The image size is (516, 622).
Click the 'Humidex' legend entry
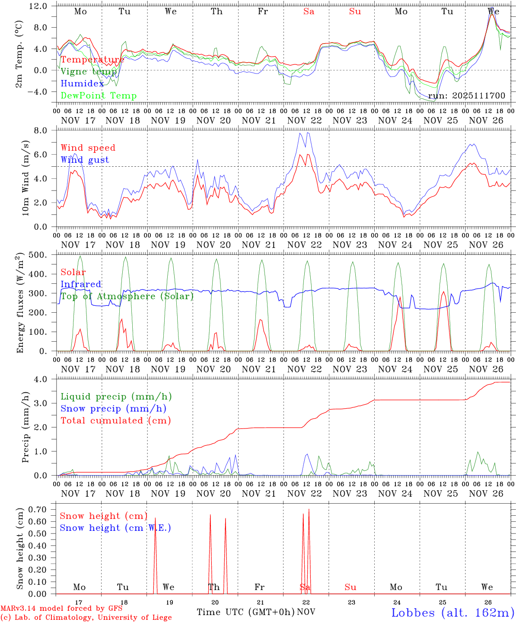click(82, 84)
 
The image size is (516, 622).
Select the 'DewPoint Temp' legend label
click(99, 96)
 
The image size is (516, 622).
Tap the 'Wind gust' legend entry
click(85, 160)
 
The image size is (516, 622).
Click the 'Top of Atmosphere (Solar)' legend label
click(127, 296)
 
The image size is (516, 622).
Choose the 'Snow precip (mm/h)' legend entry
click(113, 409)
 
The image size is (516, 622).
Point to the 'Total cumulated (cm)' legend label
click(115, 420)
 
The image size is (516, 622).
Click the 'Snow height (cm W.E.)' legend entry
click(115, 528)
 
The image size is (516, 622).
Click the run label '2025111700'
click(466, 96)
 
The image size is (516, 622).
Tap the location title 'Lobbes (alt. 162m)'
click(452, 612)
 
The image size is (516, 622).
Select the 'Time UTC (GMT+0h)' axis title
click(245, 612)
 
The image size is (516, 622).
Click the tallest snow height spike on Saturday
click(309, 510)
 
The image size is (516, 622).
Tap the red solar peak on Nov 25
click(443, 292)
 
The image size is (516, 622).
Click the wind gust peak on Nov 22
click(307, 133)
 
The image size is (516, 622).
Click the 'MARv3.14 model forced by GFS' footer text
click(61, 608)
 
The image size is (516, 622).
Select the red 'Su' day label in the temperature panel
click(355, 12)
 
